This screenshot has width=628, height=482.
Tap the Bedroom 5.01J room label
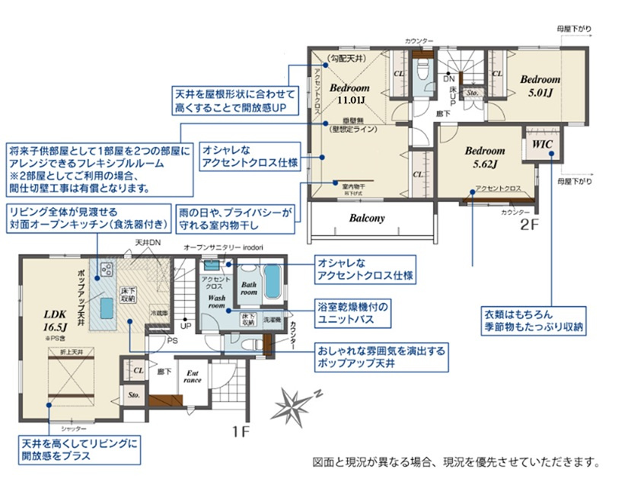pyautogui.click(x=540, y=85)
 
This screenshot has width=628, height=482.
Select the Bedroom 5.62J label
pyautogui.click(x=485, y=157)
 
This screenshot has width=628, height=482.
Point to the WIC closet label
pyautogui.click(x=543, y=143)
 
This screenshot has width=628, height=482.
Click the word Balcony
pyautogui.click(x=367, y=218)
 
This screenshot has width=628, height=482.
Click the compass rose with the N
pyautogui.click(x=297, y=401)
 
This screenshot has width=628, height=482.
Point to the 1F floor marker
pyautogui.click(x=241, y=432)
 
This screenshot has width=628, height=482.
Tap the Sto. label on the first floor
pyautogui.click(x=133, y=396)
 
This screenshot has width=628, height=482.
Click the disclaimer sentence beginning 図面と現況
pyautogui.click(x=457, y=462)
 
